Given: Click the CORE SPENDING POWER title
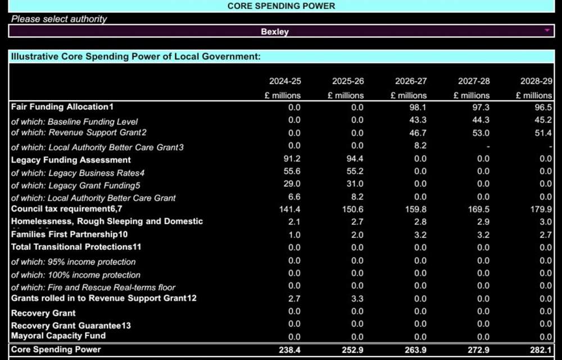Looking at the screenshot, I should point(281,6).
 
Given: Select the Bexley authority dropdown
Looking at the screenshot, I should point(275,31).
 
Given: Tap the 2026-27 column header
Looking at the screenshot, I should point(410,82).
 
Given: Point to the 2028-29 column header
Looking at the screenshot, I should point(536,82).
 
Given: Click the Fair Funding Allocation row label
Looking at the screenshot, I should point(62,107).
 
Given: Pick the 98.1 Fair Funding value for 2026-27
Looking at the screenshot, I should point(419,107).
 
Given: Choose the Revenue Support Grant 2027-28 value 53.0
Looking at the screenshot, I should point(481,133).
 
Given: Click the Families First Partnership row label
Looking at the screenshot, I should point(69,234).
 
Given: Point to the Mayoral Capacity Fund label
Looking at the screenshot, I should point(58,336).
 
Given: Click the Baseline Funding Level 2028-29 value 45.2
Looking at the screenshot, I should point(543,120).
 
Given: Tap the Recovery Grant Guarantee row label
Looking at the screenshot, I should point(71,326).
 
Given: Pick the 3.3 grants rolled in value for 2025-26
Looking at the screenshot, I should point(357,299).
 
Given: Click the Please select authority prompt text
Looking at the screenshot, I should point(59,19).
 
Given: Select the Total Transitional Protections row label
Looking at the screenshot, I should point(76,247).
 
